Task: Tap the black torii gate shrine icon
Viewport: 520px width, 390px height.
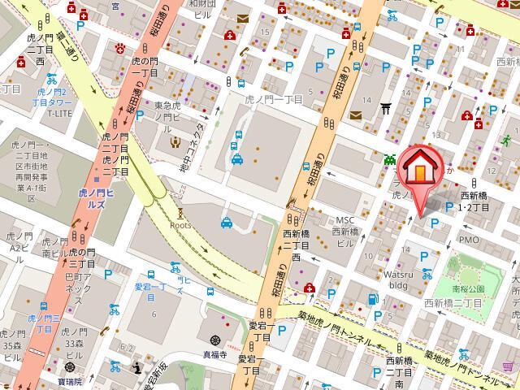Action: coord(386,106)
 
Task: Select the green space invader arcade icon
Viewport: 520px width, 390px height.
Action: coord(390,158)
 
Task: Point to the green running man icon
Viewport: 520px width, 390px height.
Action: coord(506,139)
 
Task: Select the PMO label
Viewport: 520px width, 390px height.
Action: coord(470,240)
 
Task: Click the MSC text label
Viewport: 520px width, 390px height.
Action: coord(347,220)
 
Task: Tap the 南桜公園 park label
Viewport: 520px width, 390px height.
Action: coord(470,288)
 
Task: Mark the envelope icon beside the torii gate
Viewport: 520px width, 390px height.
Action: coord(355,115)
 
